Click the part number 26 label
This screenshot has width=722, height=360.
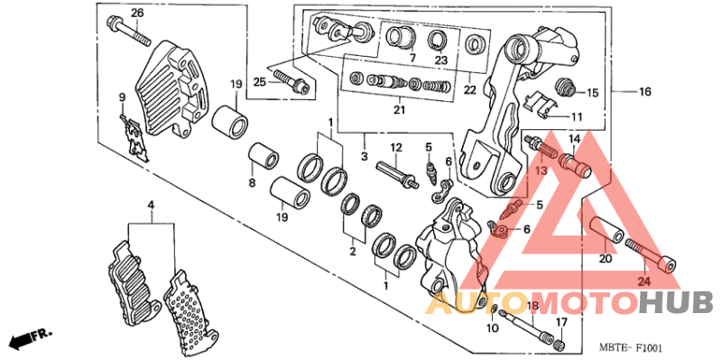pos(137,13)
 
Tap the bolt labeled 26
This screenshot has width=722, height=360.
pos(129,31)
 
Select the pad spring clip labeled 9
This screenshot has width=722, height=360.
pos(134,138)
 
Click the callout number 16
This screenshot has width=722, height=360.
pos(644,92)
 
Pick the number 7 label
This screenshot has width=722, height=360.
pos(412,58)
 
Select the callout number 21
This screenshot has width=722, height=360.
pos(399,109)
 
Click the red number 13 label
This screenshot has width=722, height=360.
pos(541,171)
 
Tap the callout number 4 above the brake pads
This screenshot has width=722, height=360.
pos(151,204)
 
